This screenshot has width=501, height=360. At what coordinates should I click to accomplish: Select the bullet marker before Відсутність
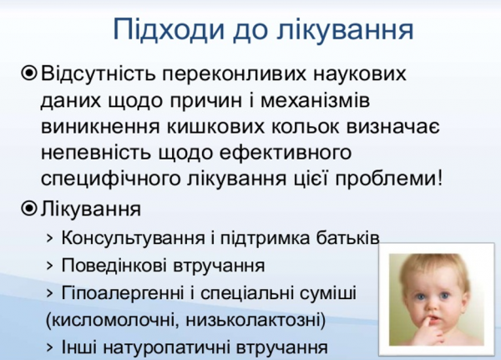[x=29, y=74]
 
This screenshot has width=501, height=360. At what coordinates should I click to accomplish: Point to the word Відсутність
[x=99, y=74]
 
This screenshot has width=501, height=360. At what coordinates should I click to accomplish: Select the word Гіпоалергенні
[x=116, y=293]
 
